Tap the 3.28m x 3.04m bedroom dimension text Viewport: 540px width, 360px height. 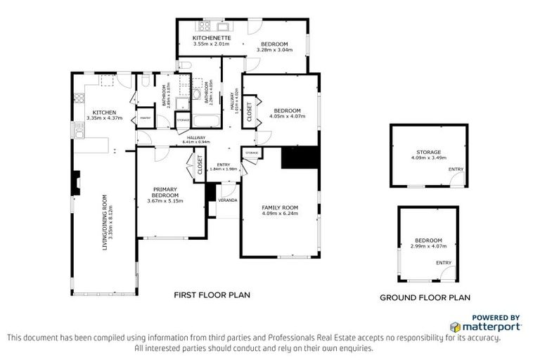click(x=271, y=50)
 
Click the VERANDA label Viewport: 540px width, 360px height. click(x=227, y=200)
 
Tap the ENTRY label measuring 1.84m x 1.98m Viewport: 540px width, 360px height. click(x=224, y=169)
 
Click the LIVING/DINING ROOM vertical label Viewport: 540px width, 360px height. click(x=105, y=221)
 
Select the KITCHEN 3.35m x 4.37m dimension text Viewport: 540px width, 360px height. click(x=104, y=118)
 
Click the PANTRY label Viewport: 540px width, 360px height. click(x=145, y=118)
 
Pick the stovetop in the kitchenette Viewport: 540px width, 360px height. click(x=205, y=27)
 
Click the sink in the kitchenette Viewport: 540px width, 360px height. click(x=224, y=27)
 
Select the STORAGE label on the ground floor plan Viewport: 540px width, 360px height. click(x=427, y=152)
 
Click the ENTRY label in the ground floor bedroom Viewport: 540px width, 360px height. click(x=443, y=262)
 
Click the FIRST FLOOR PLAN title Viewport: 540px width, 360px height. click(x=212, y=295)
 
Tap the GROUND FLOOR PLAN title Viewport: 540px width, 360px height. click(x=425, y=297)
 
